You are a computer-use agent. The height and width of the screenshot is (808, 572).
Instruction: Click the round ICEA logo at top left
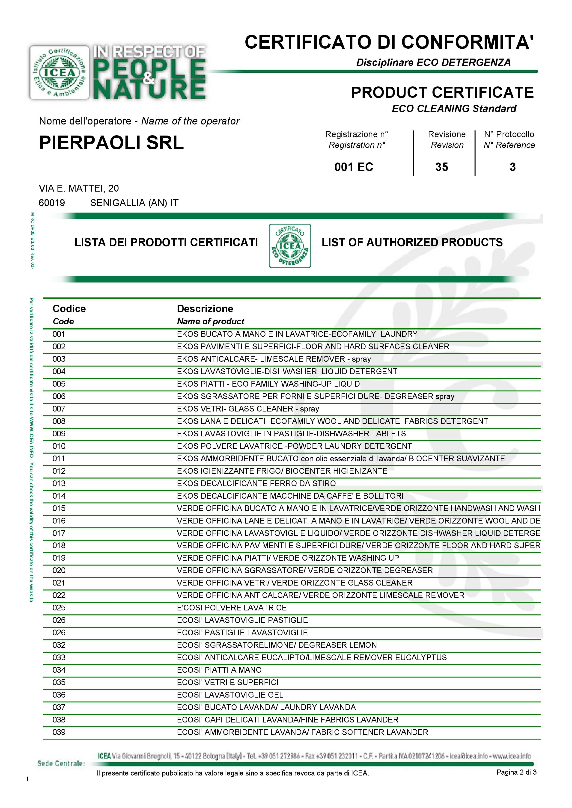click(x=59, y=73)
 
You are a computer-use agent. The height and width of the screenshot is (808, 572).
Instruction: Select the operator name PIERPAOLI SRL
click(x=111, y=143)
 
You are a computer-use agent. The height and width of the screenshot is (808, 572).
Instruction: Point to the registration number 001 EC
click(x=354, y=167)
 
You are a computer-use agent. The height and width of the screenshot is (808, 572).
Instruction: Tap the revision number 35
click(x=442, y=167)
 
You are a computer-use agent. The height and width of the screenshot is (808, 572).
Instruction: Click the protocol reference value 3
click(x=512, y=167)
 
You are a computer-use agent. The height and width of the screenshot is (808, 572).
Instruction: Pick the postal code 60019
click(x=52, y=203)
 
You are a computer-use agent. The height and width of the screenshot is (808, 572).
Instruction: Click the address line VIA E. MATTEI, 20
click(x=79, y=188)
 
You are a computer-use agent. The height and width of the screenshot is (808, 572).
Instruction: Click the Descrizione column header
click(x=205, y=309)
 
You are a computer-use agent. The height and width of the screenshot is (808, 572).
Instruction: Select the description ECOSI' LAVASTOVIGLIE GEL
click(x=230, y=695)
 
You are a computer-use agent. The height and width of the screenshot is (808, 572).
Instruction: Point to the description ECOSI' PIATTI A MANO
click(x=219, y=670)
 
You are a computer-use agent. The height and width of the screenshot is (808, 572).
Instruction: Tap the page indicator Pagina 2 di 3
click(x=516, y=772)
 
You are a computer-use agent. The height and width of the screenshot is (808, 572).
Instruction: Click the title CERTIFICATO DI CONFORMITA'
click(x=389, y=42)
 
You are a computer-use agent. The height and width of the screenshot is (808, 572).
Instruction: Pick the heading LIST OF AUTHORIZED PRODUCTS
click(x=412, y=242)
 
